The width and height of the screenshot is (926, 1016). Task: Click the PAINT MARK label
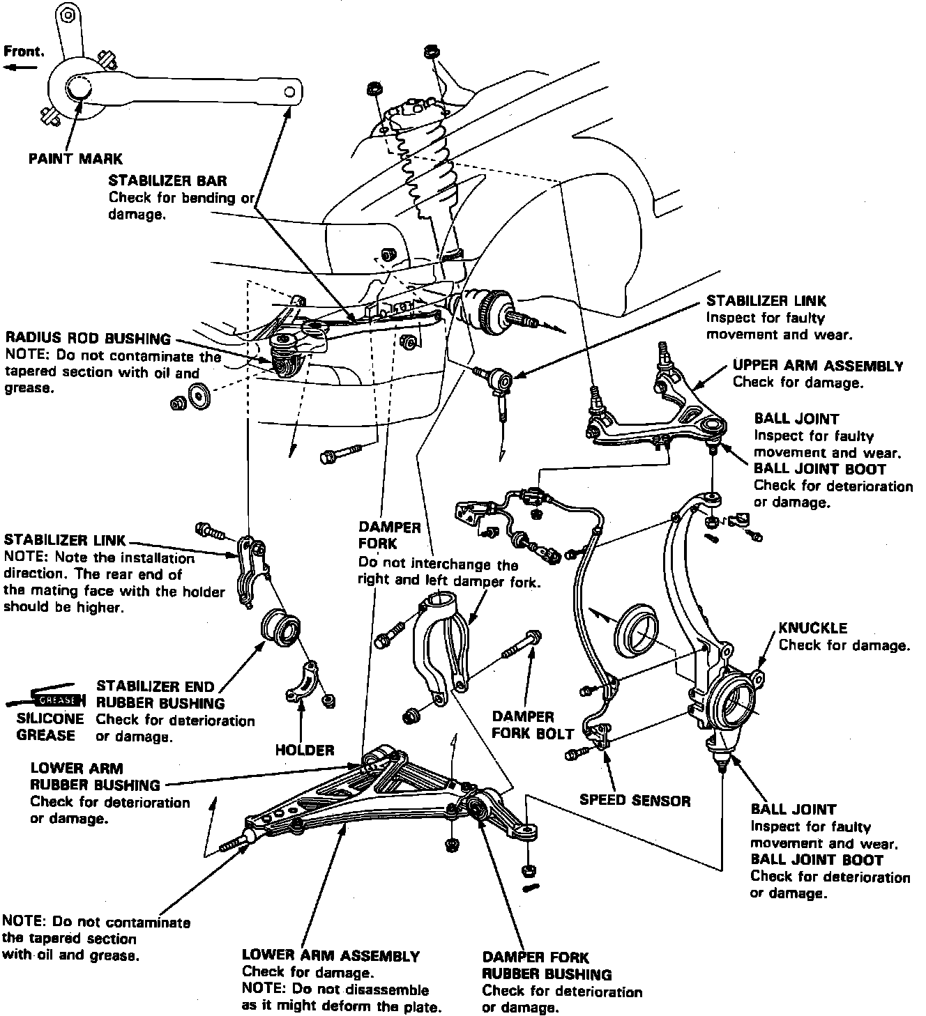pyautogui.click(x=75, y=159)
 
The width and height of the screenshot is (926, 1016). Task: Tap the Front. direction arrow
pyautogui.click(x=21, y=68)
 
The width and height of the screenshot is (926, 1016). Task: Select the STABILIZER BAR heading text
pyautogui.click(x=167, y=181)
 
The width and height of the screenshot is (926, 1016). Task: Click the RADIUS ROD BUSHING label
pyautogui.click(x=88, y=339)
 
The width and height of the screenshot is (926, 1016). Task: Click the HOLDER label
pyautogui.click(x=305, y=750)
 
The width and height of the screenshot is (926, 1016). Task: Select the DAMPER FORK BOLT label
pyautogui.click(x=533, y=725)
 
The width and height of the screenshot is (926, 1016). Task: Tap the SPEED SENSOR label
pyautogui.click(x=635, y=800)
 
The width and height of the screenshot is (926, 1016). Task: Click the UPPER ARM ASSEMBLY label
pyautogui.click(x=818, y=366)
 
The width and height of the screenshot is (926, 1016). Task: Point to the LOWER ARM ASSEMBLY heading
pyautogui.click(x=331, y=955)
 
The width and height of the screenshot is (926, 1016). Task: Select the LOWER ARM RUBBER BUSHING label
pyautogui.click(x=95, y=777)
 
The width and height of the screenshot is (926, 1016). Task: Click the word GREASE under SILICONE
pyautogui.click(x=46, y=735)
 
